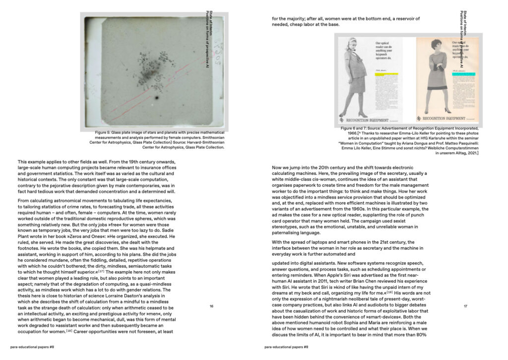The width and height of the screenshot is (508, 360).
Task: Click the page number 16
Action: pyautogui.click(x=211, y=306)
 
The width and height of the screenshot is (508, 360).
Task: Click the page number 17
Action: pyautogui.click(x=465, y=306)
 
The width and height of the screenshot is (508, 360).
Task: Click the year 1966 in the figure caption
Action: pyautogui.click(x=353, y=133)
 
